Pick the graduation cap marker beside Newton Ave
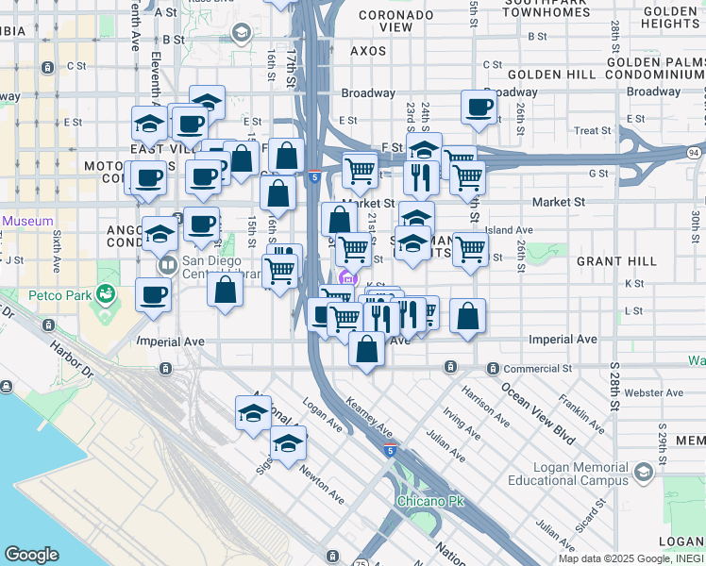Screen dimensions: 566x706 (289, 442)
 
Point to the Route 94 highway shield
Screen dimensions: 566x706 (694, 153)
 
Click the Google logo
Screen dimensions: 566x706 (31, 555)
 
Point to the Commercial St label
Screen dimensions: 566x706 (538, 368)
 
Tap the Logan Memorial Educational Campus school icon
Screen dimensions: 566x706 (644, 472)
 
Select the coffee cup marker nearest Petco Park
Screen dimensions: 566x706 (153, 294)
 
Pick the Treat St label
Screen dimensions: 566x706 (592, 130)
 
